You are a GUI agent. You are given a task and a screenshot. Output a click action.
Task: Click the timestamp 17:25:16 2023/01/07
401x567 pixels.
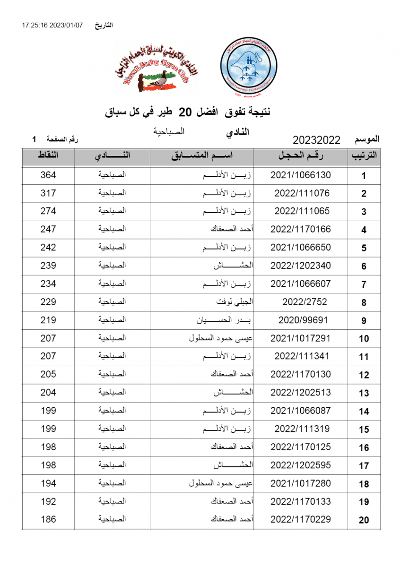[52, 25]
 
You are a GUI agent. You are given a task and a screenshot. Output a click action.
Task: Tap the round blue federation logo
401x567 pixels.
[247, 68]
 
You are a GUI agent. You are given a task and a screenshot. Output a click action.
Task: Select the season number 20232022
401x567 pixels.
[316, 140]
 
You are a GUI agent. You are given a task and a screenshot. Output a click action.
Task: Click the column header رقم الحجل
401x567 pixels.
[301, 156]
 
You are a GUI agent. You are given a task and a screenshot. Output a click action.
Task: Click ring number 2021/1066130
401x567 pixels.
[301, 175]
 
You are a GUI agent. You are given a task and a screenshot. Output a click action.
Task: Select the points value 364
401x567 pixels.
[48, 175]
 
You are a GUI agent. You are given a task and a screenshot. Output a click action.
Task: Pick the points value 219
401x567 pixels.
[48, 320]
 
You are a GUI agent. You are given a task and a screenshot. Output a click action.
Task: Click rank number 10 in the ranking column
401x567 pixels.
[364, 339]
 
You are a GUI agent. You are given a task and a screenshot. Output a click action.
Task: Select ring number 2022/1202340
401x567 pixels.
[301, 266]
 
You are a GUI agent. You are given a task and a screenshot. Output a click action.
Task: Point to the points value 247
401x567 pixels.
[48, 229]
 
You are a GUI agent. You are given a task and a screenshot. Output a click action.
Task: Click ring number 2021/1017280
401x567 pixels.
[301, 483]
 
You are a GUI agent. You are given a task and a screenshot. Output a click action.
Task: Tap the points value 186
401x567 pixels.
[48, 519]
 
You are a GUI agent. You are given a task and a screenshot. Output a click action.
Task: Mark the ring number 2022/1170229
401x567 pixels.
[301, 519]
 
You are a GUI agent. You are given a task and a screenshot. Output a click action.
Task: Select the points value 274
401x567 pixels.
[48, 211]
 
